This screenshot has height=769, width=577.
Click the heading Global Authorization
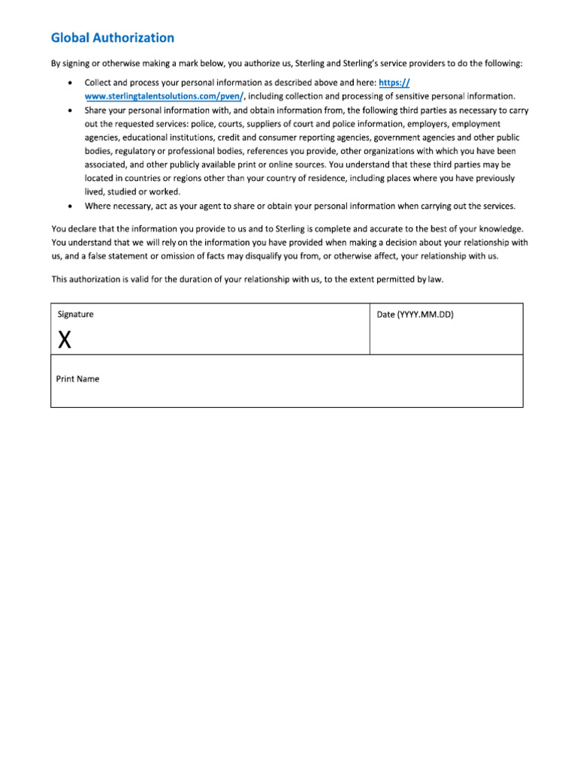(112, 38)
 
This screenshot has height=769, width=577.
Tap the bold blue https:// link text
(396, 83)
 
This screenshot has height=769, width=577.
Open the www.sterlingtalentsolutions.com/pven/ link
(165, 96)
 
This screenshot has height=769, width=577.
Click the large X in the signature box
(65, 340)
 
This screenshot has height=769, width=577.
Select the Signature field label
(75, 315)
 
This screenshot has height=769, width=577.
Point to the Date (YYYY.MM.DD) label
(415, 315)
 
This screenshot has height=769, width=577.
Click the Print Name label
(77, 379)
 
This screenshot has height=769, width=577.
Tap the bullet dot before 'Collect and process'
(71, 83)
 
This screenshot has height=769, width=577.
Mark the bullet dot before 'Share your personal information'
(71, 110)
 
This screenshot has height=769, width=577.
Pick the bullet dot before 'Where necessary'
(71, 206)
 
